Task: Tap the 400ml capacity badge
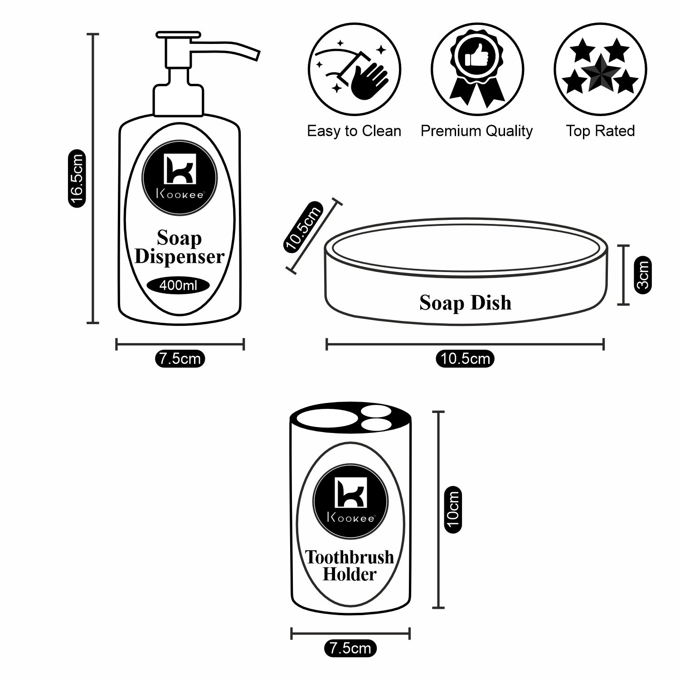[179, 286]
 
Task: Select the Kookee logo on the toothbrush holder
[350, 500]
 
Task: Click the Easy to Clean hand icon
[355, 70]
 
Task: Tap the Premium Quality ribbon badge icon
[477, 70]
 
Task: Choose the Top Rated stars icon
[600, 70]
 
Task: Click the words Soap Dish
[465, 303]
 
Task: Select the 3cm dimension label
[643, 275]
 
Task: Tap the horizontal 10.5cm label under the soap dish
[465, 359]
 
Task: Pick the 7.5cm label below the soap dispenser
[180, 359]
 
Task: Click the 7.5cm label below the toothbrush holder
[350, 648]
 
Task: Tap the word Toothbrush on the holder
[350, 557]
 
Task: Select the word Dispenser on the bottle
[180, 257]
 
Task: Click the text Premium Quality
[476, 131]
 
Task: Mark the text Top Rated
[600, 131]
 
